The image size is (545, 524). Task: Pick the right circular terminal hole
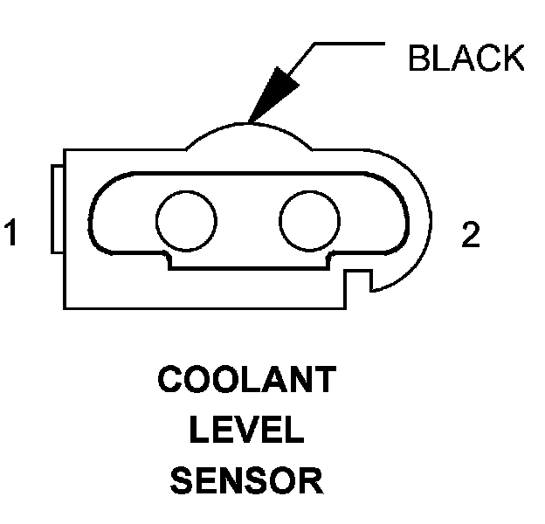click(x=310, y=217)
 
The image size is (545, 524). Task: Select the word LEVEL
click(x=248, y=431)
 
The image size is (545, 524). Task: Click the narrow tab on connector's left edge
click(x=56, y=210)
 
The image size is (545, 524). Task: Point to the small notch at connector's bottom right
click(x=361, y=281)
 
